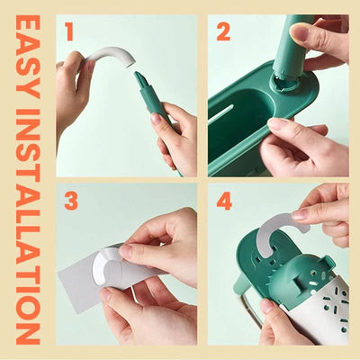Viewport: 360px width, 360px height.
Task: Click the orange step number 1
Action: [x=68, y=32]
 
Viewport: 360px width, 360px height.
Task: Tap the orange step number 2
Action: [x=223, y=32]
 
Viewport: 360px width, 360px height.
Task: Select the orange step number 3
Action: [x=69, y=202]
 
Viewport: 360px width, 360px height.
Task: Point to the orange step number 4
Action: [x=224, y=202]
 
